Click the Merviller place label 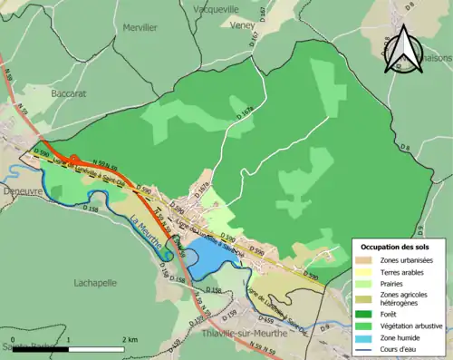coord(139,27)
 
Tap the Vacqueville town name coord(215,8)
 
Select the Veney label coord(242,26)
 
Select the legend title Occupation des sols coord(396,247)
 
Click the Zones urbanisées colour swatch coord(366,260)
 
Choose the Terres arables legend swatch coord(366,272)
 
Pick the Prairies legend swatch coord(366,284)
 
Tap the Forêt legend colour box coord(366,313)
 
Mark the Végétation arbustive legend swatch coord(366,325)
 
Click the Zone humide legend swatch coord(366,336)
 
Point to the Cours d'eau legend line coord(366,348)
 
